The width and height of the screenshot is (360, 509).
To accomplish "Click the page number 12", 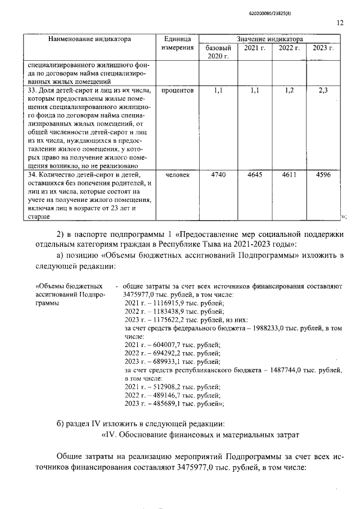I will pyautogui.click(x=340, y=23).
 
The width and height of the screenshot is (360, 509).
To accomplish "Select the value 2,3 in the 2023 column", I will pyautogui.click(x=323, y=90).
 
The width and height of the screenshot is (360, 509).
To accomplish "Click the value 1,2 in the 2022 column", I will pyautogui.click(x=289, y=90).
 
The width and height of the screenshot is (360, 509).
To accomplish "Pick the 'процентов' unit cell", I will pyautogui.click(x=178, y=90).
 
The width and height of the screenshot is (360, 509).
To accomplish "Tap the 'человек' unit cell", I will pyautogui.click(x=178, y=175).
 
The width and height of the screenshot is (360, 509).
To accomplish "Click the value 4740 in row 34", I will pyautogui.click(x=218, y=175).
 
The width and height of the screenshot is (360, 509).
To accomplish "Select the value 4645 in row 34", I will pyautogui.click(x=255, y=175).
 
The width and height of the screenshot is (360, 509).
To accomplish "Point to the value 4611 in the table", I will pyautogui.click(x=289, y=175).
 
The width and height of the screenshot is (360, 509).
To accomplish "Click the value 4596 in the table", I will pyautogui.click(x=323, y=175).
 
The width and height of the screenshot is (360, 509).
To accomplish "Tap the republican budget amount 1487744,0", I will pyautogui.click(x=285, y=371).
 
